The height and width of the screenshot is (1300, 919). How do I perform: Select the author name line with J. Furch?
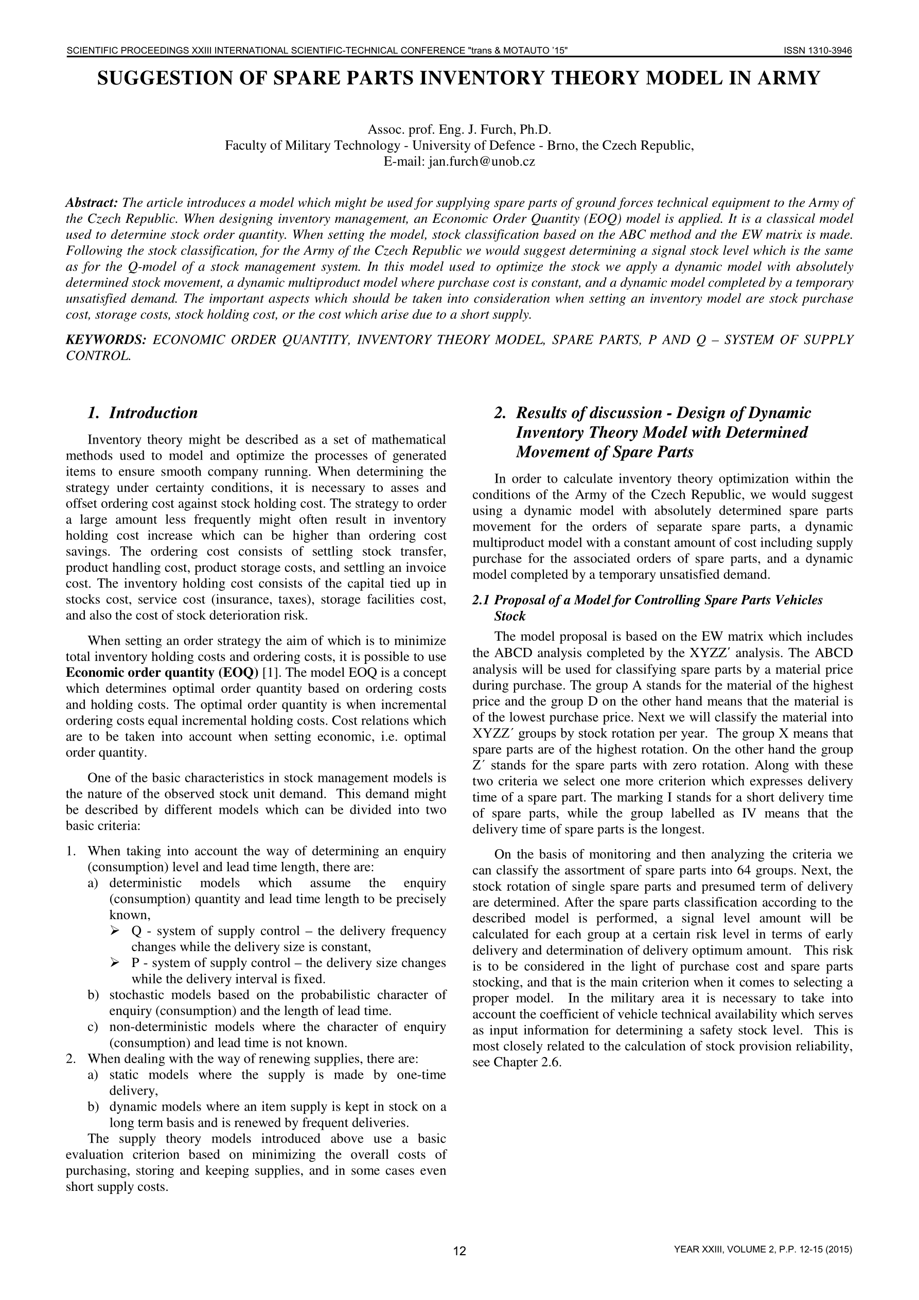pyautogui.click(x=459, y=130)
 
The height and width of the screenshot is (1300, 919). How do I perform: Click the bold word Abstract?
pyautogui.click(x=92, y=203)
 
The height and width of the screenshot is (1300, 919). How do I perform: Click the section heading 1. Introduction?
pyautogui.click(x=142, y=413)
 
